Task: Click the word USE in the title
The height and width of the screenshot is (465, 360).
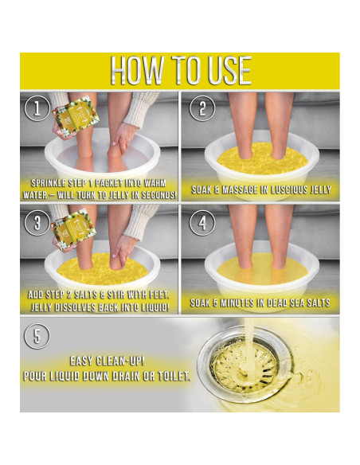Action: click(225, 71)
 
